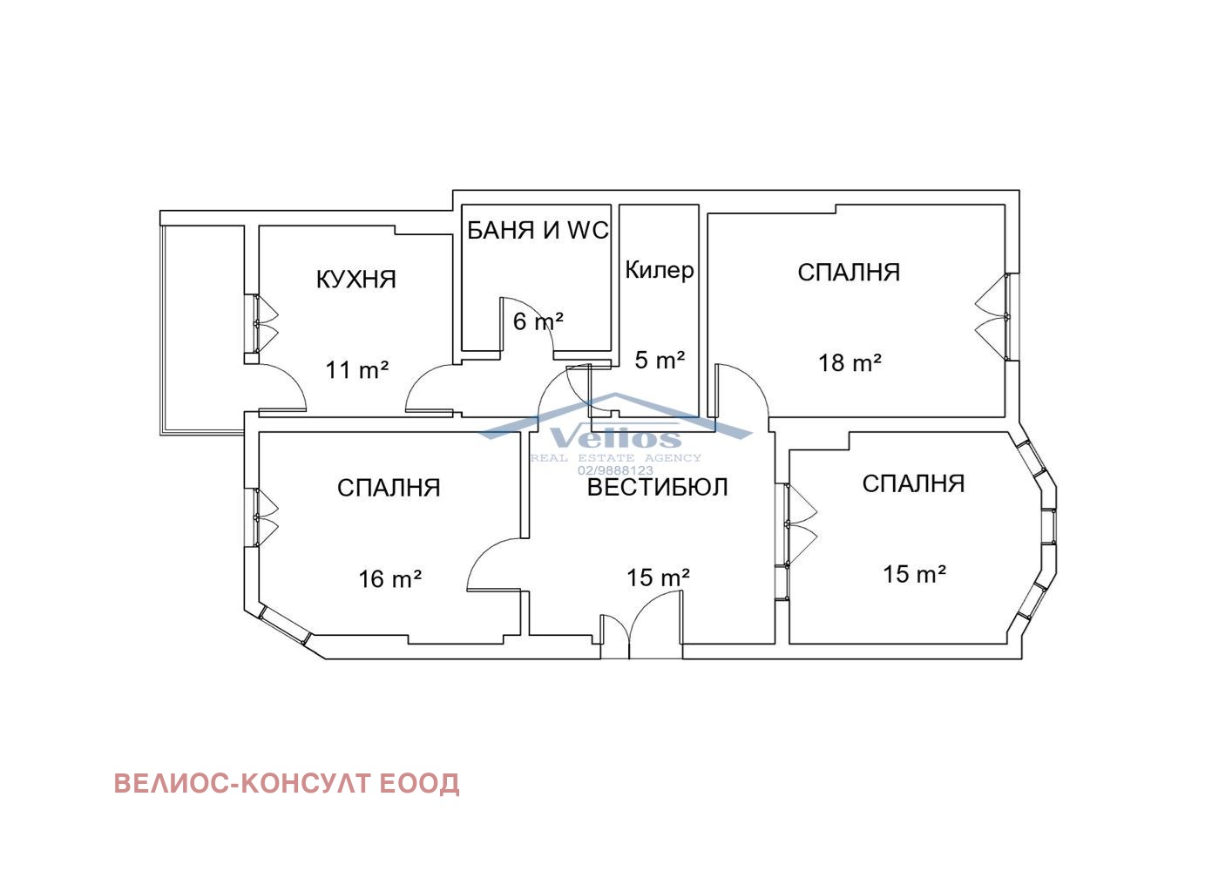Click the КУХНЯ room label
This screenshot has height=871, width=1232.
355,280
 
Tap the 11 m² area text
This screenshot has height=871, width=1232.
356,370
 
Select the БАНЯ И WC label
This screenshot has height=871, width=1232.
538,231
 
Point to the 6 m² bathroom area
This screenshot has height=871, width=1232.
538,321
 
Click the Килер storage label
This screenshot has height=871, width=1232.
660,270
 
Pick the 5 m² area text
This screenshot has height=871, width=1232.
660,360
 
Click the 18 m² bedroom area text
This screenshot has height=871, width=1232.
850,363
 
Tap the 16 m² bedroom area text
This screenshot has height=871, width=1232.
390,578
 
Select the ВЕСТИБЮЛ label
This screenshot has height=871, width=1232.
657,487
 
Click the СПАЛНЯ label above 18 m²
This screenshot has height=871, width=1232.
849,273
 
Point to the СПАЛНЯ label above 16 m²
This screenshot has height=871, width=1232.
389,488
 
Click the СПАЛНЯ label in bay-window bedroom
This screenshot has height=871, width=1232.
913,483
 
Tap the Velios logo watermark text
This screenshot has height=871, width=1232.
615,438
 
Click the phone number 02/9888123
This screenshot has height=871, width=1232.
615,469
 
